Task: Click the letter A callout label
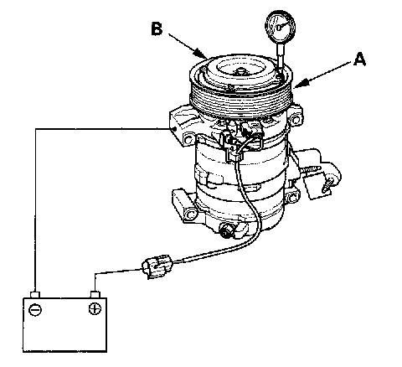click(x=359, y=59)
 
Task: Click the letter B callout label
click(x=157, y=28)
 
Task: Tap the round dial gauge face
click(x=280, y=26)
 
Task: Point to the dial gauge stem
click(x=281, y=56)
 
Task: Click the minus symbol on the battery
click(x=35, y=310)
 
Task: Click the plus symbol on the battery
click(x=95, y=308)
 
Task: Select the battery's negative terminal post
click(x=35, y=295)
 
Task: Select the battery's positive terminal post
click(x=95, y=294)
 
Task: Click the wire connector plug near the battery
click(x=157, y=266)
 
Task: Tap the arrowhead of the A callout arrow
click(x=299, y=84)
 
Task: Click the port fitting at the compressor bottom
click(x=226, y=230)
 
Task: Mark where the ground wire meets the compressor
click(x=174, y=129)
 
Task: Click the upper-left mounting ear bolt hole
click(x=188, y=139)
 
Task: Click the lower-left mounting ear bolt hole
click(x=191, y=215)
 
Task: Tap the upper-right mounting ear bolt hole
click(x=295, y=121)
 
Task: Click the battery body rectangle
click(x=64, y=325)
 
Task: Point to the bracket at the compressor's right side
click(x=321, y=176)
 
